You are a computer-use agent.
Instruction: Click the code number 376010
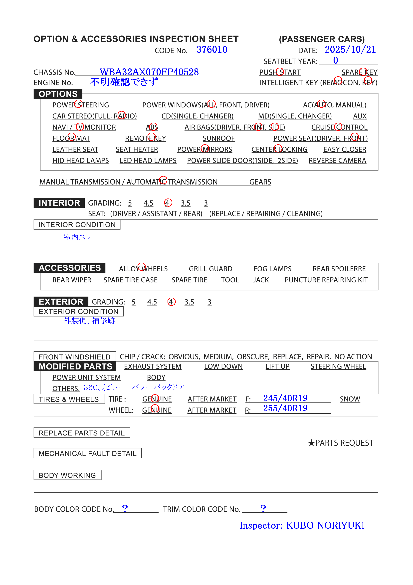[x=212, y=50]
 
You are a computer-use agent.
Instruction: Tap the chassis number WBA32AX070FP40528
[x=149, y=72]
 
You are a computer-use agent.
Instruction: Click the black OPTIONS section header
[x=58, y=94]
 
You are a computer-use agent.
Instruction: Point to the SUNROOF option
[x=218, y=138]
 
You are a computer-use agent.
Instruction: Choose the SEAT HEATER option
[x=137, y=149]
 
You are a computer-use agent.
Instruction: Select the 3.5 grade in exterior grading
[x=189, y=302]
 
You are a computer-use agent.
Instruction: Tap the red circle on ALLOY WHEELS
[x=142, y=266]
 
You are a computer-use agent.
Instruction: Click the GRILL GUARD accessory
[x=210, y=269]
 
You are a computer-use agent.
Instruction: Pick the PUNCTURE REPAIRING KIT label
[x=326, y=280]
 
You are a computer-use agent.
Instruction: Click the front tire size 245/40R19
[x=285, y=398]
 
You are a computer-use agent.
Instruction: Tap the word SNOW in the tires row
[x=350, y=399]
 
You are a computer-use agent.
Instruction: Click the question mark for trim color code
[x=263, y=508]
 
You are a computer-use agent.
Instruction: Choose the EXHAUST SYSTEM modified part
[x=153, y=366]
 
